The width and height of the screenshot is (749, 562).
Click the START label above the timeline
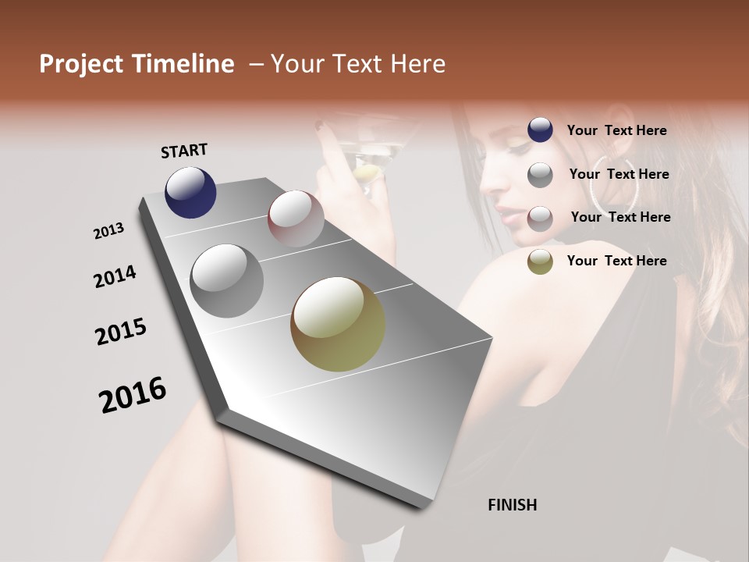pyautogui.click(x=184, y=151)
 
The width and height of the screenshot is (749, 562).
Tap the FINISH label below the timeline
pyautogui.click(x=512, y=505)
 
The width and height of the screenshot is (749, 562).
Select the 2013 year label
pyautogui.click(x=108, y=231)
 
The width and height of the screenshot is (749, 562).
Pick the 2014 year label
pyautogui.click(x=115, y=276)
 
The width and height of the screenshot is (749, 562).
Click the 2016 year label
pyautogui.click(x=133, y=395)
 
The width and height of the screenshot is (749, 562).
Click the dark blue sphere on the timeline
pyautogui.click(x=190, y=192)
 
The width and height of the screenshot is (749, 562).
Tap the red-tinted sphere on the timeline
pyautogui.click(x=296, y=219)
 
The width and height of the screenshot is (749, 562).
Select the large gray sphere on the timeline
pyautogui.click(x=227, y=281)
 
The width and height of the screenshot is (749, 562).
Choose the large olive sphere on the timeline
pyautogui.click(x=338, y=324)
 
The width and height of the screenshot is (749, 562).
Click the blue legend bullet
pyautogui.click(x=540, y=130)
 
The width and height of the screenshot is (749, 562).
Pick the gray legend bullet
pyautogui.click(x=540, y=175)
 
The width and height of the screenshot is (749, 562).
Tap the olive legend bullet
pyautogui.click(x=540, y=261)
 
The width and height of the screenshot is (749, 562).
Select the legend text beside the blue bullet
pyautogui.click(x=616, y=131)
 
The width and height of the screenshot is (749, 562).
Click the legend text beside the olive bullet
pyautogui.click(x=616, y=261)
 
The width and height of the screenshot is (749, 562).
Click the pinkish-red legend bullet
pyautogui.click(x=540, y=218)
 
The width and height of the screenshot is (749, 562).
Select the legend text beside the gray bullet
pyautogui.click(x=619, y=174)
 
